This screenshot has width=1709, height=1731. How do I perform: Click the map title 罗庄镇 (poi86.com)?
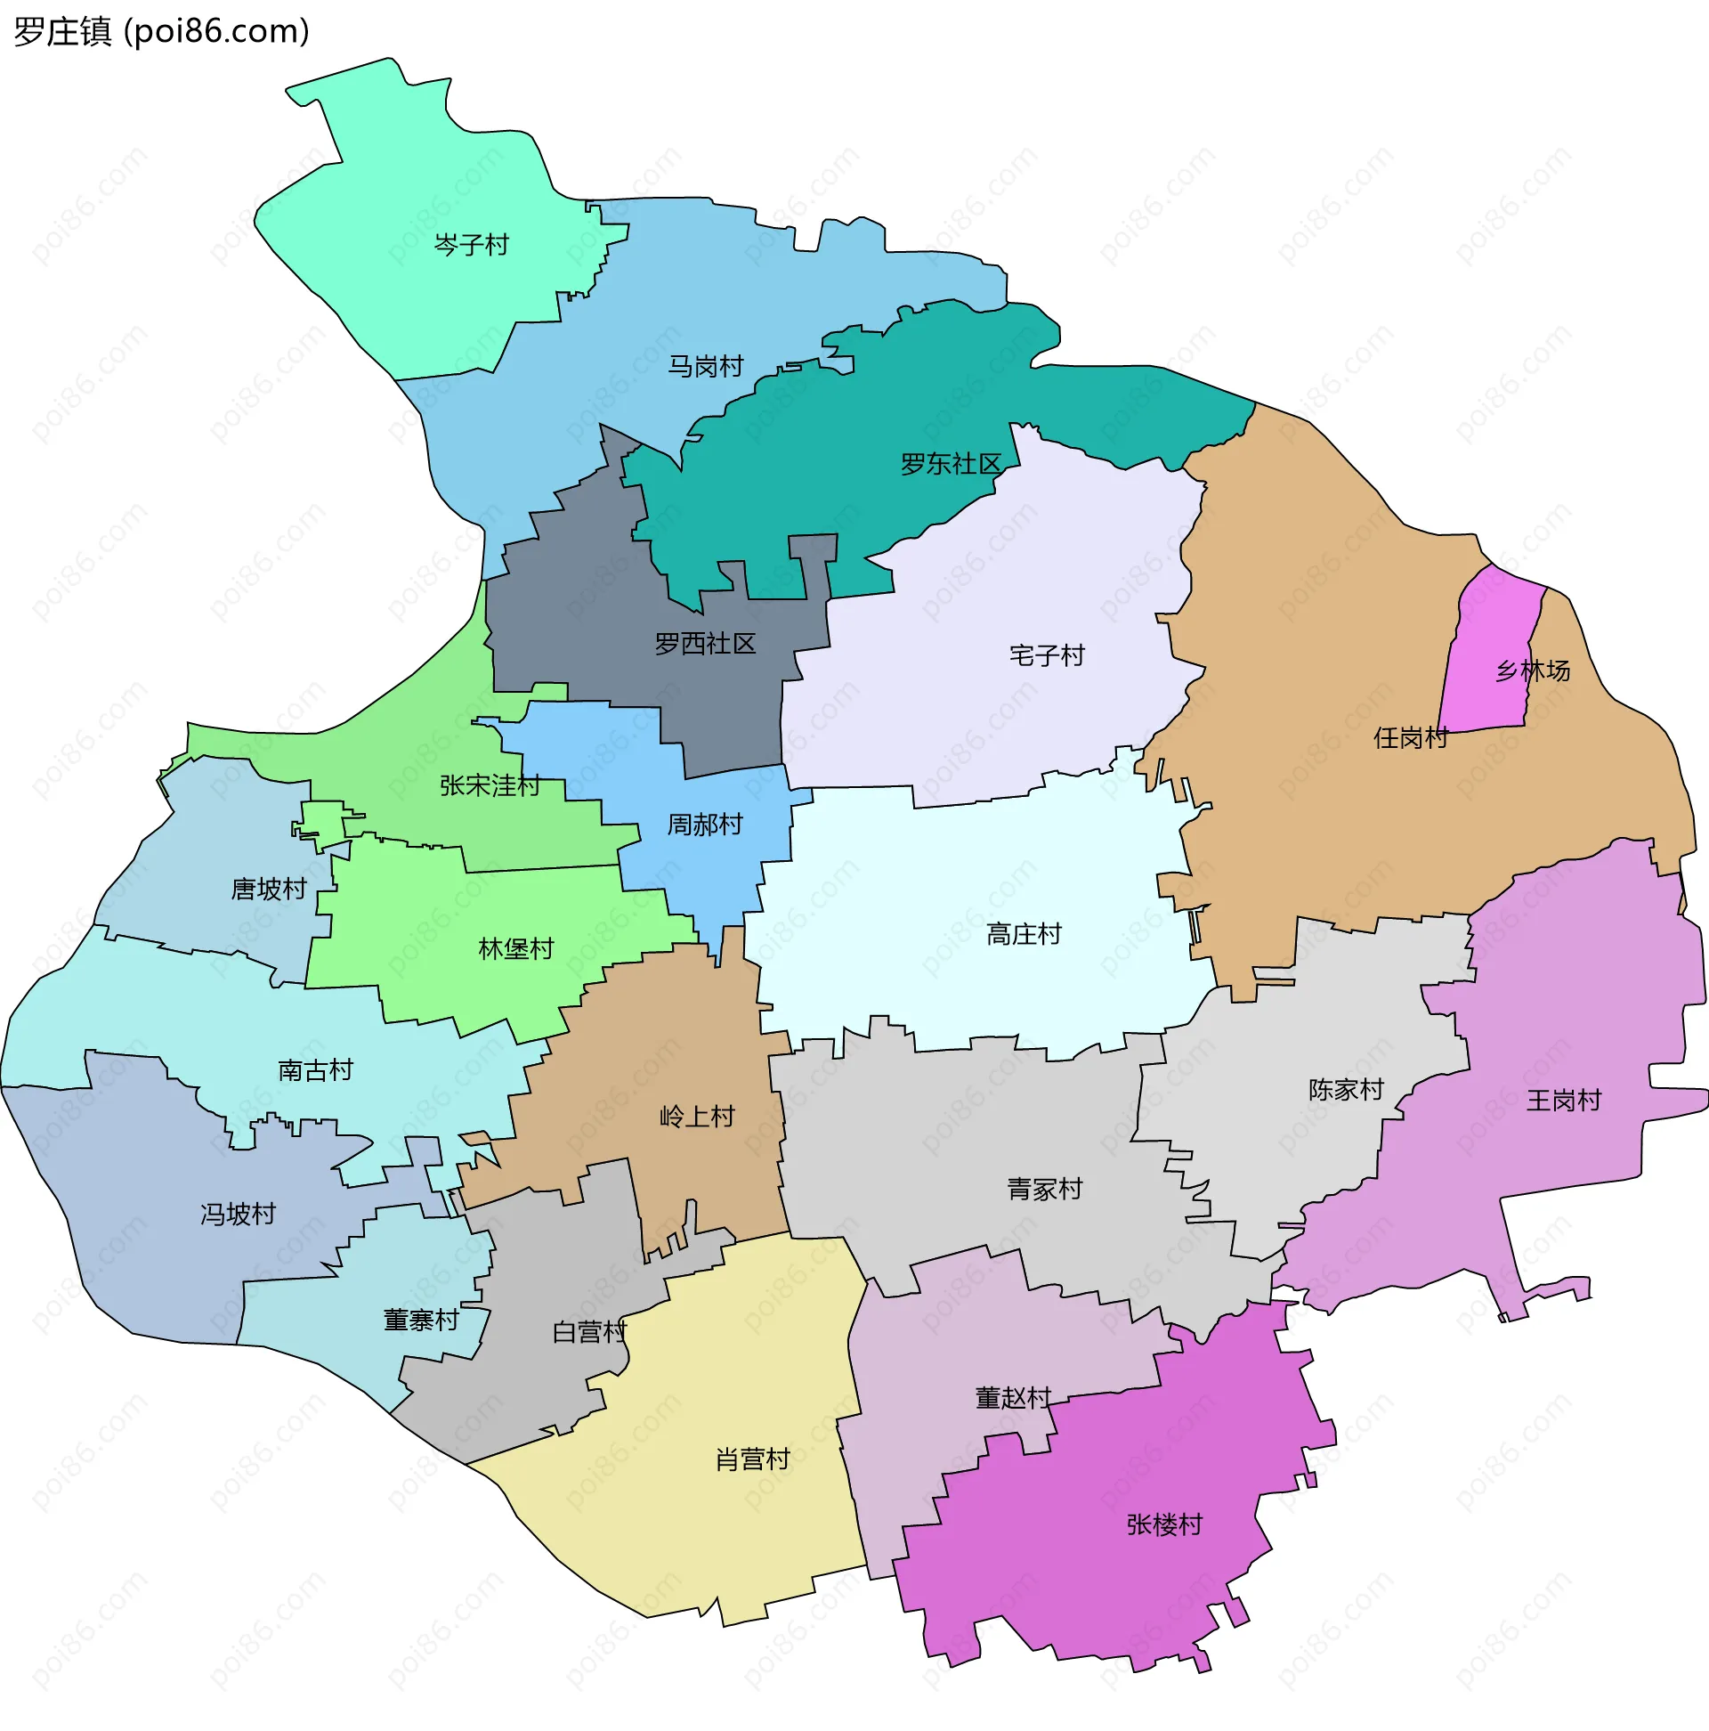coord(162,31)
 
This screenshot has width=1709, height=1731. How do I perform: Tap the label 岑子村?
coord(471,245)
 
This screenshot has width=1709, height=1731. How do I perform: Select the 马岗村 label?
coord(706,367)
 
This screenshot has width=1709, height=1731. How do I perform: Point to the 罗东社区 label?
coord(951,464)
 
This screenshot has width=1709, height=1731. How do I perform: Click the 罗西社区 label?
coord(705,643)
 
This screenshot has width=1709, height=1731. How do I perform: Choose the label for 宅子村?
coord(1046,656)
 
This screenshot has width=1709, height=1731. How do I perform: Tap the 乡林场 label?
coord(1533,670)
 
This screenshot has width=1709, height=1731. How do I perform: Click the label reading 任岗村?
coord(1411,738)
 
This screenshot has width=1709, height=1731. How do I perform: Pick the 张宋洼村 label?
coord(489,785)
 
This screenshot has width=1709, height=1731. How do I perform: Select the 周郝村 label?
coord(705,825)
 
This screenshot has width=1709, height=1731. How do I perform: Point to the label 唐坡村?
coord(269,889)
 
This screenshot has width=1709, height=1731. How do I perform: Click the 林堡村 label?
coord(516,949)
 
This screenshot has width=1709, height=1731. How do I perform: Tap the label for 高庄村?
coord(1024,934)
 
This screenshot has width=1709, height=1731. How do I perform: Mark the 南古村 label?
coord(315,1069)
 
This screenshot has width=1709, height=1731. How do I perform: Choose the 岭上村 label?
coord(697,1117)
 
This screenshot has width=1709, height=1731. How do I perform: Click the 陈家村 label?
coord(1346,1090)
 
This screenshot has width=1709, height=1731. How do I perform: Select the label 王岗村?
coord(1564,1101)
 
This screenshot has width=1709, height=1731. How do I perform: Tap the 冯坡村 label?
coord(239,1214)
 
